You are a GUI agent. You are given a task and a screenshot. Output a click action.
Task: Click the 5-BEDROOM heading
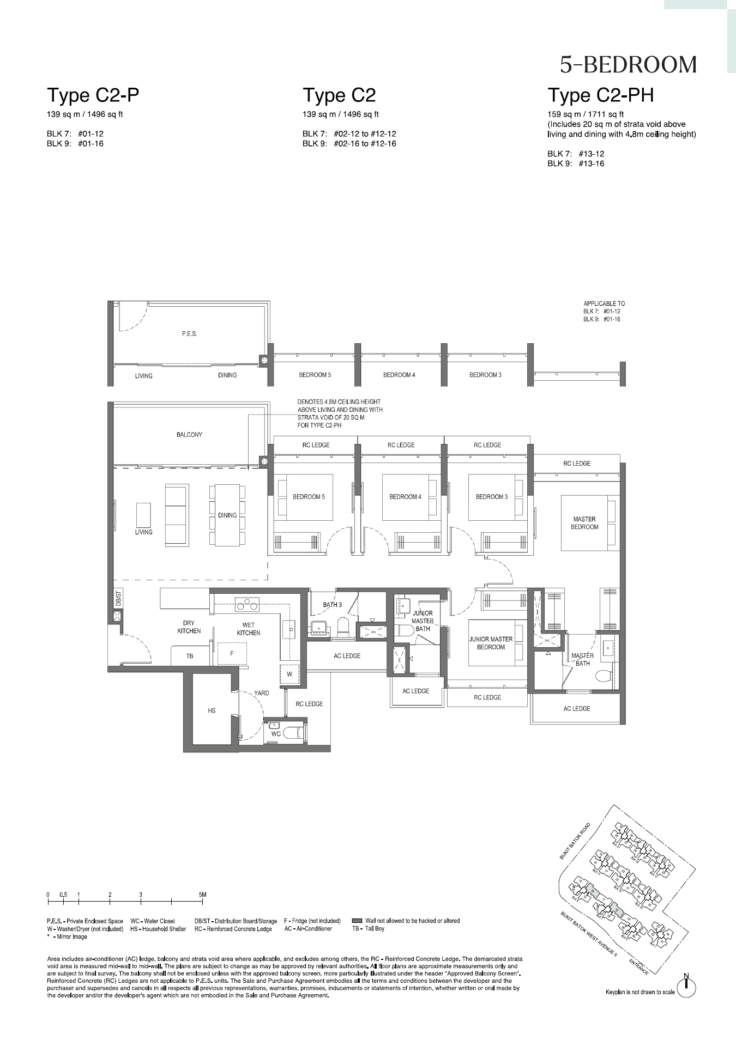click(x=628, y=65)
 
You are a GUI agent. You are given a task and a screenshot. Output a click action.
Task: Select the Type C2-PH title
click(x=600, y=95)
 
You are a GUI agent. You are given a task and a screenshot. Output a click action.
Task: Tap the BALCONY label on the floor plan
click(x=189, y=435)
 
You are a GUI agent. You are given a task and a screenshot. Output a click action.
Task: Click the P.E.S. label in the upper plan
click(x=189, y=333)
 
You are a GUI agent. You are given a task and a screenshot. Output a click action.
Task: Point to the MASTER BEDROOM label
click(x=584, y=523)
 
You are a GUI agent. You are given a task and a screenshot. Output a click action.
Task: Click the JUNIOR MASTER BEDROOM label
click(x=491, y=643)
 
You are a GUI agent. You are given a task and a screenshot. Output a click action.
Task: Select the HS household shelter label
click(x=212, y=710)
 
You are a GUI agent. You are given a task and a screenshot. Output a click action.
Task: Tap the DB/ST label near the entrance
click(x=118, y=599)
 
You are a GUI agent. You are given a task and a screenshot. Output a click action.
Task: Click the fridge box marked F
click(x=232, y=653)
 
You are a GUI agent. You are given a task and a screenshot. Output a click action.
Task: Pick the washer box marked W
click(x=289, y=674)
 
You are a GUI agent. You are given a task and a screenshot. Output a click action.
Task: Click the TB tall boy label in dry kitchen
click(x=190, y=656)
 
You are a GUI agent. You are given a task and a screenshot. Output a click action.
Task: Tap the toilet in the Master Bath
click(x=604, y=676)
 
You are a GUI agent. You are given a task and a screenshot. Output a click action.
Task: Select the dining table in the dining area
click(x=227, y=515)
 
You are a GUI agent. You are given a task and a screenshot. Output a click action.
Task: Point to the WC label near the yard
click(x=276, y=734)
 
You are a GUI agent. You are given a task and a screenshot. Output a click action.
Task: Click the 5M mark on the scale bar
click(x=203, y=895)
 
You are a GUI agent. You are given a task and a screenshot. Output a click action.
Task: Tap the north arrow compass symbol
click(x=686, y=985)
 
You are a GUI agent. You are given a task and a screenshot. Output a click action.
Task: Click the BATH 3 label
click(x=332, y=605)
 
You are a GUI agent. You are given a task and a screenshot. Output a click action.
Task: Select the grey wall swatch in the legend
click(x=357, y=921)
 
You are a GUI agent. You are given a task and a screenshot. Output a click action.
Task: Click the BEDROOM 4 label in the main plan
click(x=405, y=497)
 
